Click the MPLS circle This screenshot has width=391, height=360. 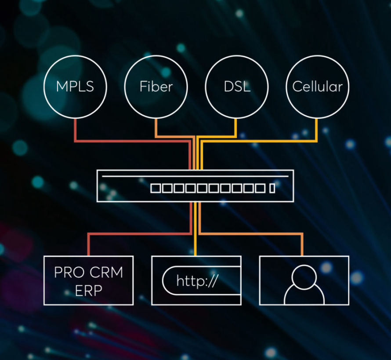[x=75, y=86]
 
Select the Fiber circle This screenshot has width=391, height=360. [x=156, y=86]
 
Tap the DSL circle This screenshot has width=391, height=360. [x=237, y=86]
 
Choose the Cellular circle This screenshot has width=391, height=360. [x=317, y=86]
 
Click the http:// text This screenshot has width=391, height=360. [x=197, y=280]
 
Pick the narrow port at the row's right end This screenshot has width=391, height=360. [x=272, y=189]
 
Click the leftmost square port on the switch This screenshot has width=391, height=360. [x=155, y=189]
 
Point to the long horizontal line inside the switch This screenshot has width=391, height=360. [x=195, y=176]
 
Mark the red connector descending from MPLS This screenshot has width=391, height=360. [x=75, y=130]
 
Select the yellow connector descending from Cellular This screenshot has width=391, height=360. [x=317, y=130]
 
